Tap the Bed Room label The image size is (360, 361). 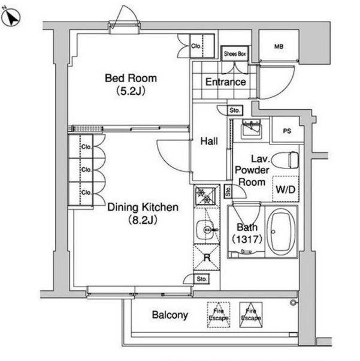coord(131,79)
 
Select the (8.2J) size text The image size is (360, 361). coord(143,220)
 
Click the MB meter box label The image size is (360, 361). coord(279,47)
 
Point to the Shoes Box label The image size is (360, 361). coord(235,54)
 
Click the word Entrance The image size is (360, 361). coord(225,82)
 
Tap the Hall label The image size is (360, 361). coord(209,141)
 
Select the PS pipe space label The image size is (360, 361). coord(287,131)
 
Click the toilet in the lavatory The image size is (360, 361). coord(285,160)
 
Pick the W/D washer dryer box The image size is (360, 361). coord(286,189)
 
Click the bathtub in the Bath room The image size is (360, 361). coord(282,232)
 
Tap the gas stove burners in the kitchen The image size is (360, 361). coord(205,195)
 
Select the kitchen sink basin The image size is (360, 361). coord(206,229)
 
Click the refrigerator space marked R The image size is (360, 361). coord(207,257)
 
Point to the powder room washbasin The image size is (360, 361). coord(251,128)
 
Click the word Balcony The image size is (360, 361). coord(170,315)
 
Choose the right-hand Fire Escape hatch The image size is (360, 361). coord(251,315)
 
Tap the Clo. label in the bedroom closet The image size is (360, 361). coord(196,46)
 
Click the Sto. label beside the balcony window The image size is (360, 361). coord(201,279)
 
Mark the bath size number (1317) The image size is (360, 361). coord(247,239)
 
